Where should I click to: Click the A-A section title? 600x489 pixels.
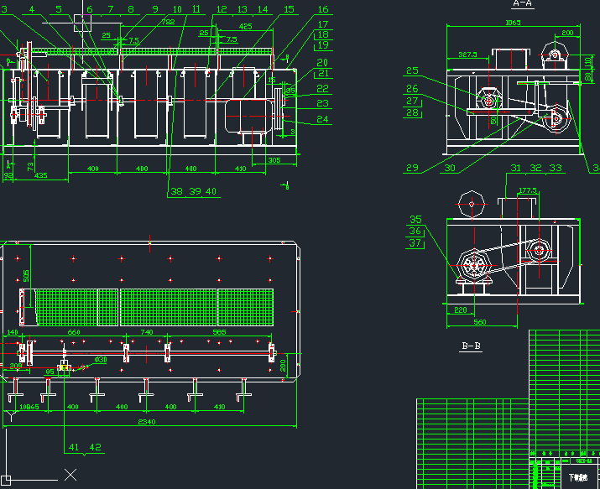click(x=523, y=3)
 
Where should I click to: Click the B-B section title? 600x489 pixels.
click(x=471, y=346)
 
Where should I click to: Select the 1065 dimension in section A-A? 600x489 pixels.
click(x=512, y=23)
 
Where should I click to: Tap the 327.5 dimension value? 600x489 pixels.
click(x=467, y=55)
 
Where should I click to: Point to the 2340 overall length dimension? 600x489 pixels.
click(x=148, y=422)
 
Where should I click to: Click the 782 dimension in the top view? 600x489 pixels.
click(x=168, y=23)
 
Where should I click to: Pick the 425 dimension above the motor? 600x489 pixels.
click(x=245, y=26)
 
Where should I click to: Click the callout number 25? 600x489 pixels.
click(x=412, y=70)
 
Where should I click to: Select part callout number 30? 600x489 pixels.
click(x=450, y=168)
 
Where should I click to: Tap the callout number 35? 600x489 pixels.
click(x=415, y=220)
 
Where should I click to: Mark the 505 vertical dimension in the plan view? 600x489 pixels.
click(x=26, y=275)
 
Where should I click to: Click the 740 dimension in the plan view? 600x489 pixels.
click(x=147, y=333)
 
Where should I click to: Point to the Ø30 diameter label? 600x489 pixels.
click(x=101, y=360)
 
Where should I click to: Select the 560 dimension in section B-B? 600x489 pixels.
click(x=480, y=321)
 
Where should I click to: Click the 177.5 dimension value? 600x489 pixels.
click(x=528, y=191)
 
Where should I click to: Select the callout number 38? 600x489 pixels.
click(x=176, y=191)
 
